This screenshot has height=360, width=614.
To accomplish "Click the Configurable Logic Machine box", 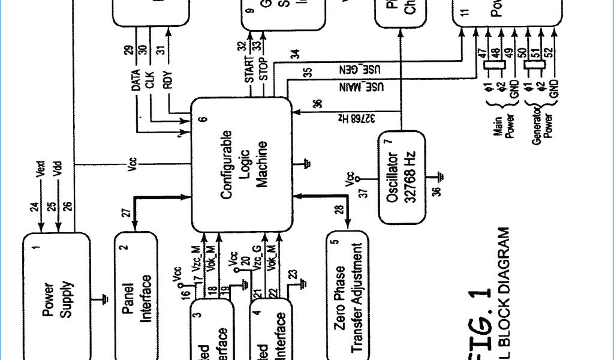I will pos(242,164).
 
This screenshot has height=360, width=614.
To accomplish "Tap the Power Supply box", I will pos(56,297).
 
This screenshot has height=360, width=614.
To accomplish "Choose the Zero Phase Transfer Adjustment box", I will pos(347,295).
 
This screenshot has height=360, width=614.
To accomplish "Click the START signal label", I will pos(249,71).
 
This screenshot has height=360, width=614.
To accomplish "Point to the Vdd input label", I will pos(58,170).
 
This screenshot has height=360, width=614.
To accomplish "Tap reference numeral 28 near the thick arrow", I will pos(339,210).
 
